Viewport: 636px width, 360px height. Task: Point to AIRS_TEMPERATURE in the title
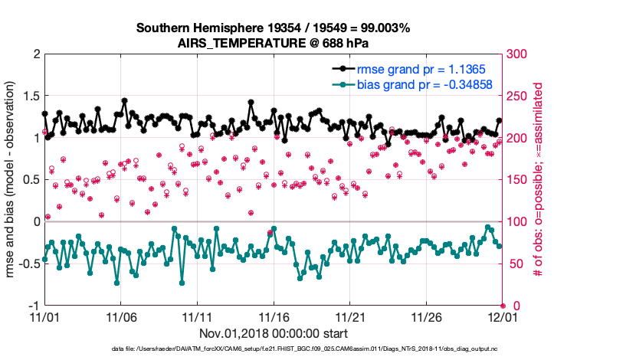(x=242, y=43)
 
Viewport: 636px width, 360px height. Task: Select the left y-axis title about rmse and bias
(x=12, y=179)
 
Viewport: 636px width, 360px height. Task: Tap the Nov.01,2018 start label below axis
(x=274, y=334)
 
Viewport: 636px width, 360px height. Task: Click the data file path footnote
(x=274, y=350)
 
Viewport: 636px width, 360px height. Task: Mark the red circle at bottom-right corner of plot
(x=503, y=305)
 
